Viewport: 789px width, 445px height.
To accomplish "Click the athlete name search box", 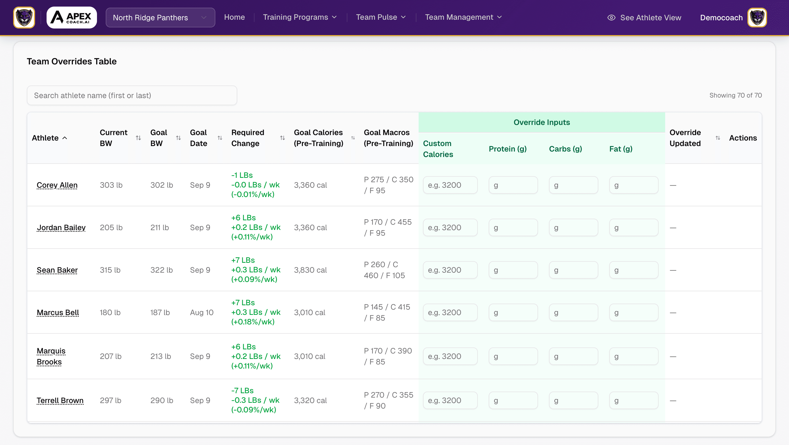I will coord(132,95).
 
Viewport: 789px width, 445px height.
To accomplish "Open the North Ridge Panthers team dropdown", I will coord(160,18).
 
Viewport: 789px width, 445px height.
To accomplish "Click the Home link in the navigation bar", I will coord(234,17).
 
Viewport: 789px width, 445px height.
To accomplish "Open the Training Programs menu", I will coord(299,17).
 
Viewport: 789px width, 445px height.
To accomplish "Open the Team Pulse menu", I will coord(381,17).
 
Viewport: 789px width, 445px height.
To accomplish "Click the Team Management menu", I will coord(463,17).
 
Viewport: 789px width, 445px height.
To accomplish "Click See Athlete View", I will coord(644,18).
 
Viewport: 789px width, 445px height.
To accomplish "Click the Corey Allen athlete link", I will coord(57,185).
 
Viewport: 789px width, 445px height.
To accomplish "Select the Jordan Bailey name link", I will coord(61,227).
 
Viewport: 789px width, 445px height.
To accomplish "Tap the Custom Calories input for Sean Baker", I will coord(450,270).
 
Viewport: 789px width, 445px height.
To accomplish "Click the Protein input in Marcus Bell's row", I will coord(513,312).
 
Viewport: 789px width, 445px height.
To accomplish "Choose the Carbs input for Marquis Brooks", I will coord(573,356).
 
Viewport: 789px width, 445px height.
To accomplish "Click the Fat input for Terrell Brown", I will coord(633,400).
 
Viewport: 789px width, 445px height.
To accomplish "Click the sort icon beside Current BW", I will coord(138,138).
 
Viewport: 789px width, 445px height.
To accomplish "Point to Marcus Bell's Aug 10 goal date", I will coord(202,312).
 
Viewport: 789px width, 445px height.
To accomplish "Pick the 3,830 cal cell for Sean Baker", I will coord(310,270).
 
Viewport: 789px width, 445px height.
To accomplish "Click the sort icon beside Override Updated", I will coord(718,138).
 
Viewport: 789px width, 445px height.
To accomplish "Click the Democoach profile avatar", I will coord(757,18).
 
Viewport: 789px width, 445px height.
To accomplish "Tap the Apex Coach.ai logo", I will coord(72,18).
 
